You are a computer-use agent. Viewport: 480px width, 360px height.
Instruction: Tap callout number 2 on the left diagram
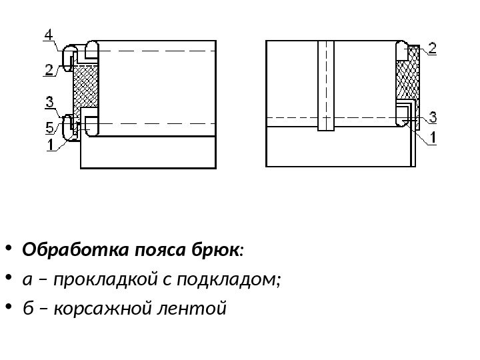pos(51,69)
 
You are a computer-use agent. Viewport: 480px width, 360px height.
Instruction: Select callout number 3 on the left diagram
pos(50,102)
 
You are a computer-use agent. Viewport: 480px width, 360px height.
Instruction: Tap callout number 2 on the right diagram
pos(432,48)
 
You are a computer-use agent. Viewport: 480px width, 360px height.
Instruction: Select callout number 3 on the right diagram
pos(433,117)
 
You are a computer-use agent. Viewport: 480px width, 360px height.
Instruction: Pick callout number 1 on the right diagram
pos(432,139)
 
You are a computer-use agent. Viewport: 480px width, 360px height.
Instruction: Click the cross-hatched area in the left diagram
pos(85,87)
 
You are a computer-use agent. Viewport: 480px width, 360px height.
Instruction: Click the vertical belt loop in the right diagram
pos(325,87)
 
